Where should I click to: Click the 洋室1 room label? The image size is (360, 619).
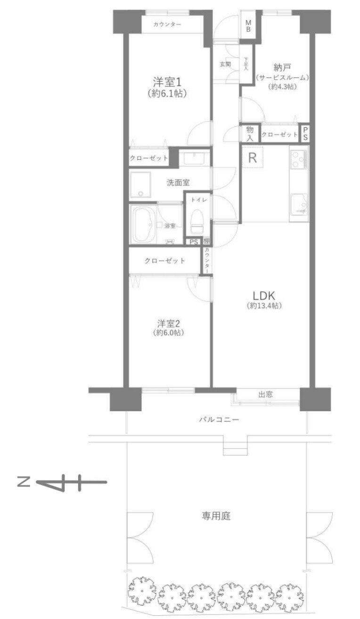[167, 82]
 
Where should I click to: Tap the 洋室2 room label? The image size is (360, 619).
[169, 323]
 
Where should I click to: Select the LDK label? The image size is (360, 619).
[264, 296]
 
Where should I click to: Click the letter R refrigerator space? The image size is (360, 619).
[253, 158]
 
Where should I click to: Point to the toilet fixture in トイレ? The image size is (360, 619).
[197, 221]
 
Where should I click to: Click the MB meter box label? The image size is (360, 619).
[248, 25]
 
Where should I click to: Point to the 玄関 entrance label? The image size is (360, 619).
[225, 64]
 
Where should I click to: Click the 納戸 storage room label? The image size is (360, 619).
[282, 67]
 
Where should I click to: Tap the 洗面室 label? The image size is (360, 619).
[178, 182]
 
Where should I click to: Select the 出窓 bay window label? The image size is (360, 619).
[265, 395]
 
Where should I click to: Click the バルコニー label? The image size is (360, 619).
[219, 420]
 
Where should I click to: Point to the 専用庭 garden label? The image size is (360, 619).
[216, 516]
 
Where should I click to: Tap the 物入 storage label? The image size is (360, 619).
[250, 134]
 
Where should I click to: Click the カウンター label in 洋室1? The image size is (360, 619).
[167, 24]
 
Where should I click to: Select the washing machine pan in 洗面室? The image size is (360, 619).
[141, 185]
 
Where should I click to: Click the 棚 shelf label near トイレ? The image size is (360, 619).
[206, 241]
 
